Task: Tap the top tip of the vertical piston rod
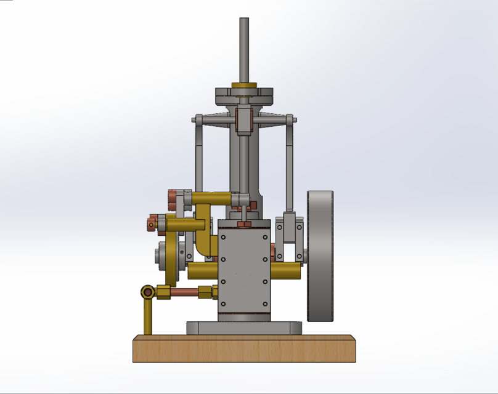(x=244, y=20)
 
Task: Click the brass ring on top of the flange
(x=244, y=86)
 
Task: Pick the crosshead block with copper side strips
(x=244, y=120)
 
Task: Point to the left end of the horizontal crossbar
(x=196, y=119)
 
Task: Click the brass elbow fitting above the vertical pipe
(x=148, y=292)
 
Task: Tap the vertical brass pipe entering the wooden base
(x=148, y=318)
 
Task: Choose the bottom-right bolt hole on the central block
(x=265, y=304)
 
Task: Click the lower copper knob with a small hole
(x=152, y=222)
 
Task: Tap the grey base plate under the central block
(x=244, y=328)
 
